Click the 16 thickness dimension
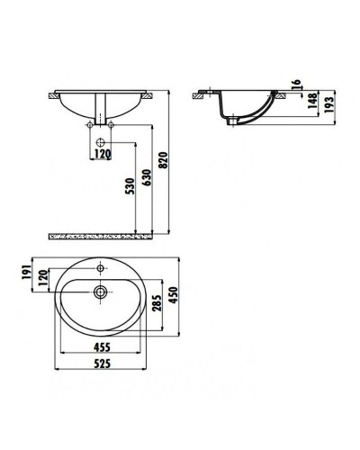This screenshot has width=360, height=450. [x=295, y=86]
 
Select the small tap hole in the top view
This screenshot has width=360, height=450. [x=102, y=268]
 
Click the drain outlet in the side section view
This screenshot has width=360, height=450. [x=237, y=119]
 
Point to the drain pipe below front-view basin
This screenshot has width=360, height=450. [x=103, y=122]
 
